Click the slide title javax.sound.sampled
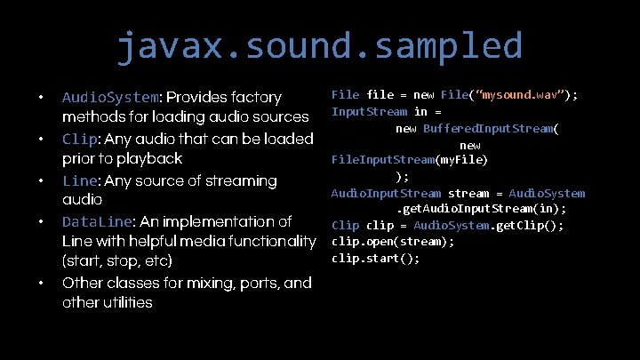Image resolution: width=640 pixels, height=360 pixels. point(319,44)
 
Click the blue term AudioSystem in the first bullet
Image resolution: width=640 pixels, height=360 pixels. point(110,97)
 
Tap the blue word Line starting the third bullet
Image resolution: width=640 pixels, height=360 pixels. point(81,180)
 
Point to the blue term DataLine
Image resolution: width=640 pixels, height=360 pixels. point(96,221)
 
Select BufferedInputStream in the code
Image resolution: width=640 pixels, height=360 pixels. point(489,128)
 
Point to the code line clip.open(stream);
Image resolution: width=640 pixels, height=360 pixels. point(393,242)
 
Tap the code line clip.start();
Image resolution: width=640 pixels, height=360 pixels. point(375,259)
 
